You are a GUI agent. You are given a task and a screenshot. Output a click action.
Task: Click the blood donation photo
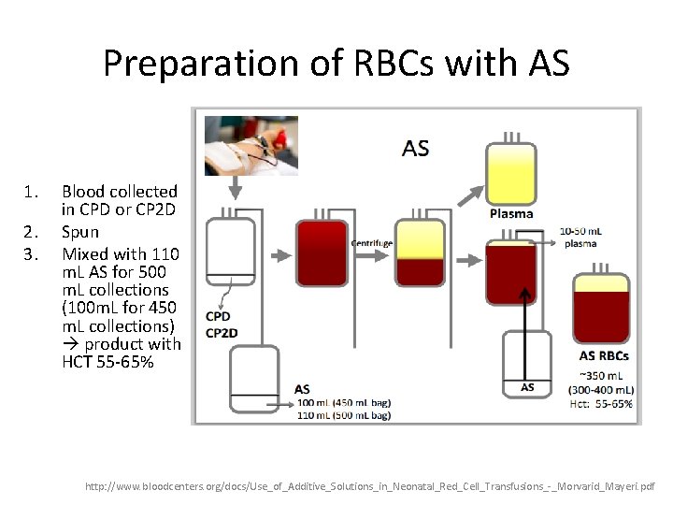pos(251,145)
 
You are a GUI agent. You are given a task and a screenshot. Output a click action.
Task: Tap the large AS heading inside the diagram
pos(415,148)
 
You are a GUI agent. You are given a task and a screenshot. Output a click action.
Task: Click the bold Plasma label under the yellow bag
pos(511,214)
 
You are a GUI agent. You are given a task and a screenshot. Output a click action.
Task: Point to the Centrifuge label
pos(371,243)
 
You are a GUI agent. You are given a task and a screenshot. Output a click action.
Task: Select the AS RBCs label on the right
pos(604,355)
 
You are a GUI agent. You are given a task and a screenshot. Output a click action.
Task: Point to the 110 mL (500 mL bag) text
pos(343,413)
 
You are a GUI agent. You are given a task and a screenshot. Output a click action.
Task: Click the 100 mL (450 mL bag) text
pos(343,402)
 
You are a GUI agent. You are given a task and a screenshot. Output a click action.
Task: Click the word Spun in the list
pos(80,231)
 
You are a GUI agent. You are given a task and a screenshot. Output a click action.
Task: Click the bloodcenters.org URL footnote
pos(370,487)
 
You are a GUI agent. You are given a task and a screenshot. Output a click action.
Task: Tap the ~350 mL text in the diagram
pos(604,376)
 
